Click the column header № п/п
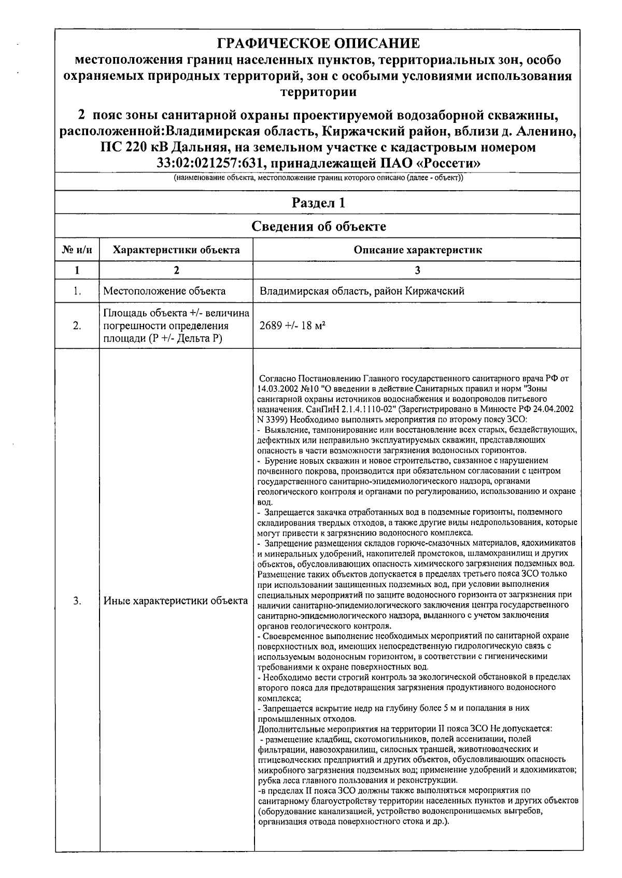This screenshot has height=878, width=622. pos(77,250)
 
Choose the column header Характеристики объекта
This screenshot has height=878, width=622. pos(176,250)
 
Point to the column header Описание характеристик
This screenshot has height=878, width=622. pos(417,250)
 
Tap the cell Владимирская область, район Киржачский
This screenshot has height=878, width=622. pos(362,291)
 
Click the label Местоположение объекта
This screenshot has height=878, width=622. pos(164,291)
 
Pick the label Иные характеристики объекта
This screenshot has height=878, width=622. pos(176,601)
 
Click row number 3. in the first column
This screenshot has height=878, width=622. pos(77,601)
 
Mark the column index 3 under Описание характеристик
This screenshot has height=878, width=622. pos(417,270)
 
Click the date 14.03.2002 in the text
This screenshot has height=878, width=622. pos(276,388)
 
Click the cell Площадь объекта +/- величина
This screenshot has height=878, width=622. pos(176,314)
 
